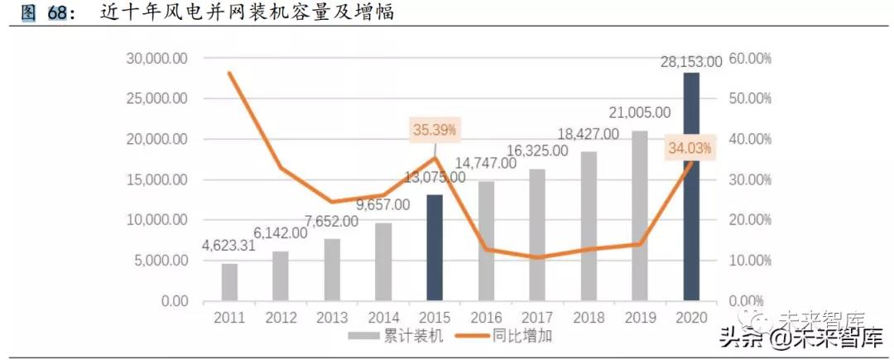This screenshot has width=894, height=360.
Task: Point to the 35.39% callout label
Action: (x=434, y=130)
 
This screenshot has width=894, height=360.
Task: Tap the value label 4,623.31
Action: (x=229, y=246)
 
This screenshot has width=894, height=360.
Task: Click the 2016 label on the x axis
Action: (x=486, y=317)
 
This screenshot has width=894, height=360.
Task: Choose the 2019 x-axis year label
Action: (x=640, y=317)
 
